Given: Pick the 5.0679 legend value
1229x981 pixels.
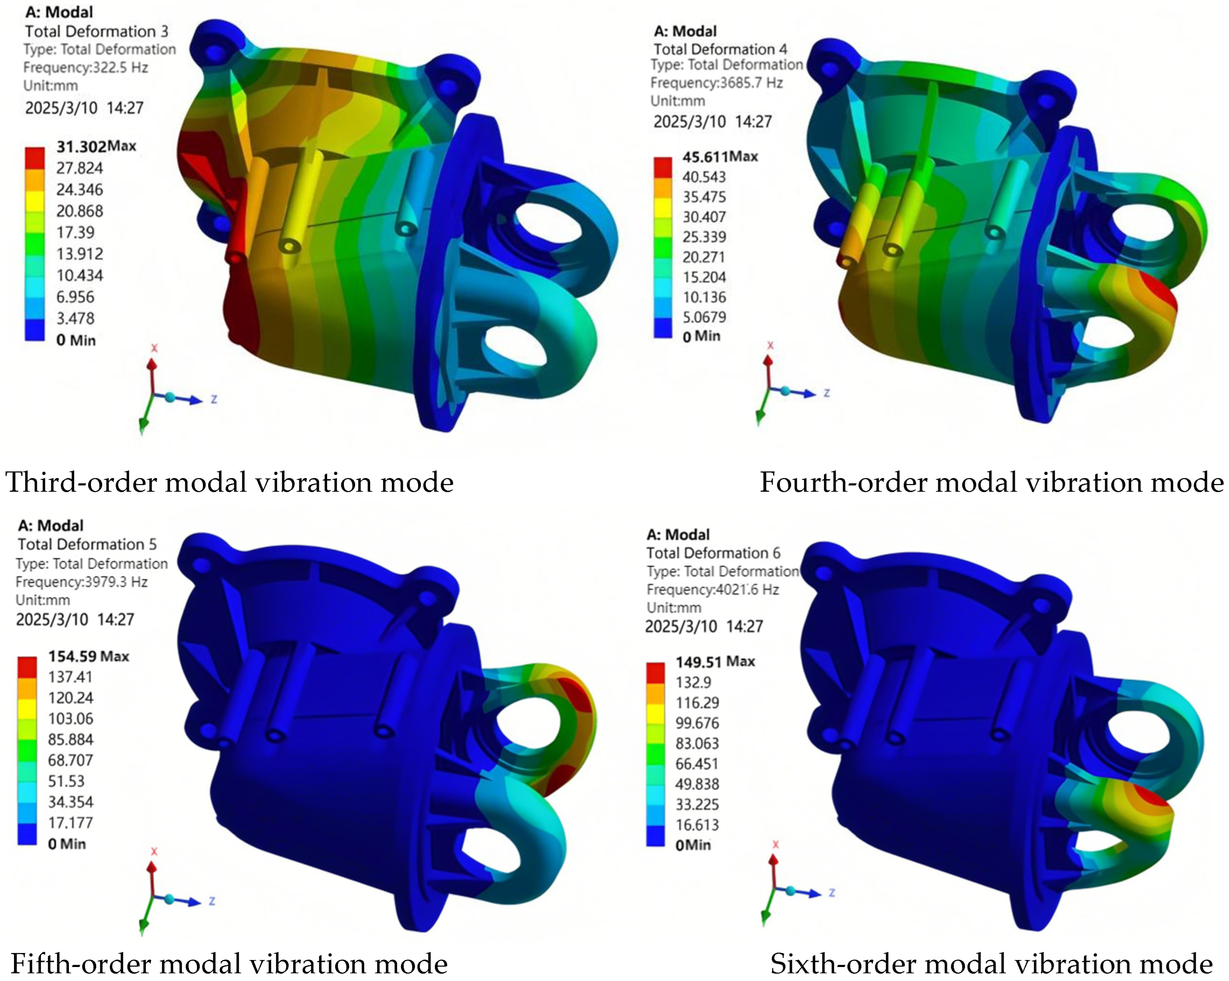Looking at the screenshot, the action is [705, 317].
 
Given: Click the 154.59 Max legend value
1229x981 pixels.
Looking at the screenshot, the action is [88, 657].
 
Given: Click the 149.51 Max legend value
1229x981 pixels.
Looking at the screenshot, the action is [715, 662].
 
